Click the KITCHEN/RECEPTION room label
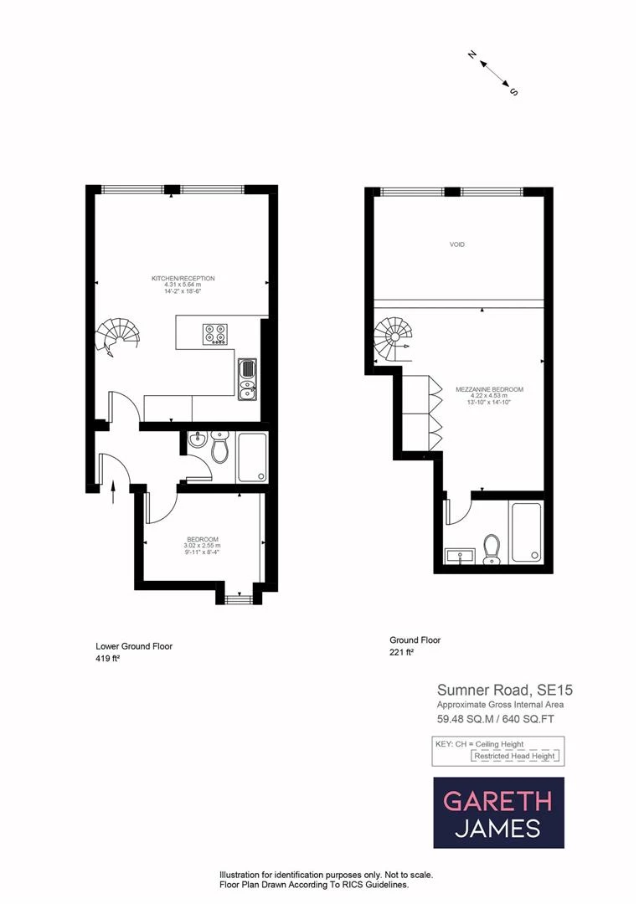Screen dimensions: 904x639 (x=183, y=278)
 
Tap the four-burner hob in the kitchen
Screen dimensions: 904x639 (x=214, y=333)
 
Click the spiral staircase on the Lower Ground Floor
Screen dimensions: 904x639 (x=116, y=337)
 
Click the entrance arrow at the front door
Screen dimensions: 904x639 (x=113, y=491)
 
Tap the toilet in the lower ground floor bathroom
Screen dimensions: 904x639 (x=219, y=449)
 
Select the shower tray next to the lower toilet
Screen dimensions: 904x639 (x=251, y=457)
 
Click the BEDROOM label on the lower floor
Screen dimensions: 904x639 (x=203, y=538)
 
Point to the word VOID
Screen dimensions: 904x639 (x=456, y=244)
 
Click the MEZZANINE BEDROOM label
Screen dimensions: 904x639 (x=489, y=389)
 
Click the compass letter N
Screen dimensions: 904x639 (x=472, y=55)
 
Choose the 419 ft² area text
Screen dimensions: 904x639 (x=109, y=659)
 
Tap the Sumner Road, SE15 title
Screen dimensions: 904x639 (x=505, y=691)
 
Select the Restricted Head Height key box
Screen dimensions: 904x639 (x=515, y=756)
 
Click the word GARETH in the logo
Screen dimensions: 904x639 (x=497, y=801)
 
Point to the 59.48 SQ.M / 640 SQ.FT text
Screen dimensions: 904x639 (x=496, y=718)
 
